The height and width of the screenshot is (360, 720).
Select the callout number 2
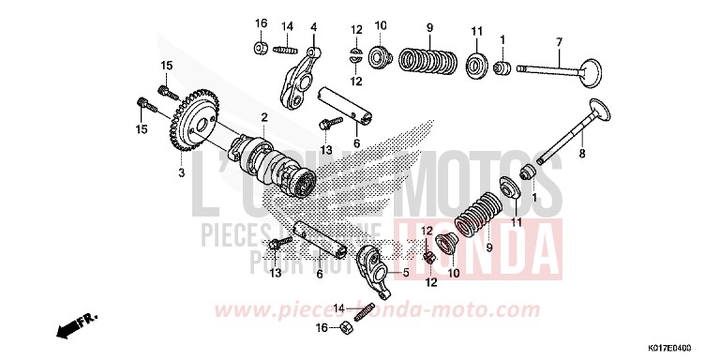coord(264,116)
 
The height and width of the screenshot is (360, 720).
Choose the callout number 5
coord(407,273)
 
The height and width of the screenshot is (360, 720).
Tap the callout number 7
coord(558,42)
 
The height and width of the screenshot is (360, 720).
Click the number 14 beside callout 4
coord(288,25)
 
